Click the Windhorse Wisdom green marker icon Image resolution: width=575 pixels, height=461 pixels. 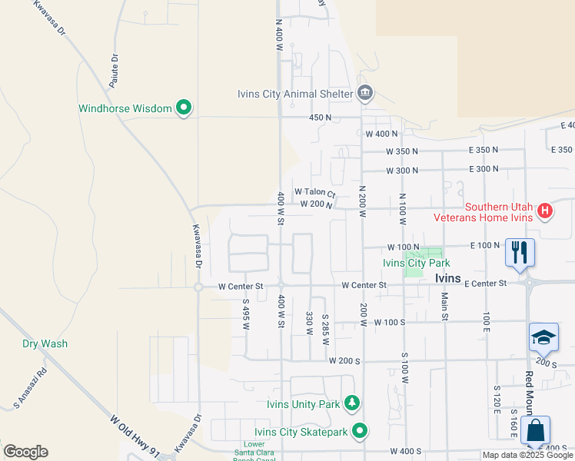pyautogui.click(x=183, y=108)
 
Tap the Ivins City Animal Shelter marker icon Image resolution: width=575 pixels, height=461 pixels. pyautogui.click(x=365, y=95)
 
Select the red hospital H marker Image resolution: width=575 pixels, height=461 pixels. pyautogui.click(x=544, y=211)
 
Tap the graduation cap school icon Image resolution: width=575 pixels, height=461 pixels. pyautogui.click(x=543, y=337)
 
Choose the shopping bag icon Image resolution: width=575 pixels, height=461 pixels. pyautogui.click(x=535, y=429)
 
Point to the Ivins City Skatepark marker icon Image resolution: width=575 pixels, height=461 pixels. pyautogui.click(x=358, y=431)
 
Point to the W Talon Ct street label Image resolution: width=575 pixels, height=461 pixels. pyautogui.click(x=314, y=192)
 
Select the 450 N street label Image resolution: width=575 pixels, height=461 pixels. pyautogui.click(x=320, y=118)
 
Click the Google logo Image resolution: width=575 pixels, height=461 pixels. pyautogui.click(x=25, y=451)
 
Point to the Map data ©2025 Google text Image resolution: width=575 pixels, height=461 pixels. pyautogui.click(x=527, y=455)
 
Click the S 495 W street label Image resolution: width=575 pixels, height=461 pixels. pyautogui.click(x=246, y=314)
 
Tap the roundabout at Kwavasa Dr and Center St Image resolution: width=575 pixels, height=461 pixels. pyautogui.click(x=198, y=287)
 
